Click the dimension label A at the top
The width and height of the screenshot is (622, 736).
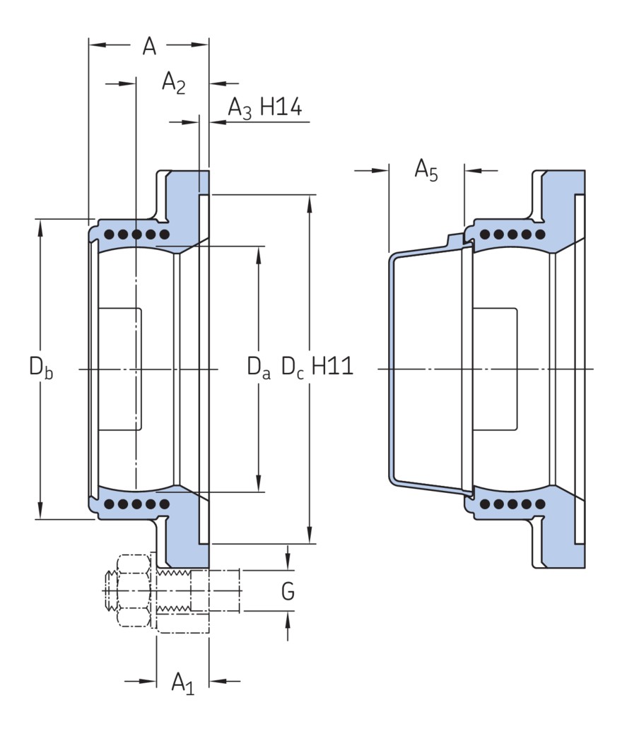[149, 47]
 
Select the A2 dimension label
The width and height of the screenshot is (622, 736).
[173, 83]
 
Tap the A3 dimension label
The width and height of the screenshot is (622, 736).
[240, 108]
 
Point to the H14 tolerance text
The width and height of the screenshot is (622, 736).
[281, 107]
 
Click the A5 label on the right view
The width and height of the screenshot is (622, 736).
[426, 170]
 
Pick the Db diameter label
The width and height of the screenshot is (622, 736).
[40, 368]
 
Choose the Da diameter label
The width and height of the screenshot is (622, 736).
[258, 368]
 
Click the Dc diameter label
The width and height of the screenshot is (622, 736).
[293, 368]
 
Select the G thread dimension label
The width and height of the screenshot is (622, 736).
[288, 592]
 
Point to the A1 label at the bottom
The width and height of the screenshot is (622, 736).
[182, 683]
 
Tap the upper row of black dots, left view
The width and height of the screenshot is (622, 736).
[136, 234]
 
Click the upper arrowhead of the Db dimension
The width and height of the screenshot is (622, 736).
[40, 225]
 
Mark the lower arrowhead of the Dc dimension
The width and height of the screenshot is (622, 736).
[310, 538]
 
